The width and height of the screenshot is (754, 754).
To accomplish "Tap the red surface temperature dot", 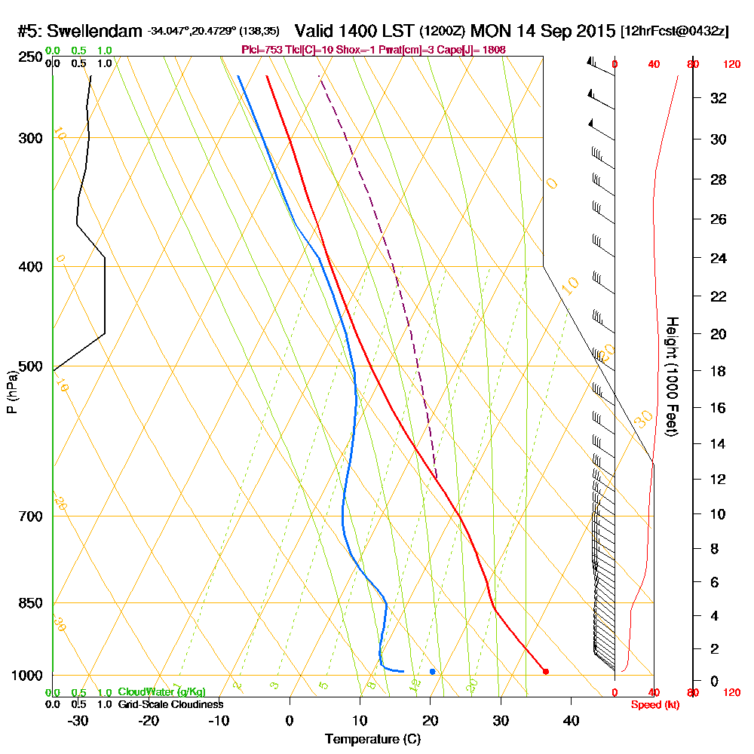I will click(546, 671).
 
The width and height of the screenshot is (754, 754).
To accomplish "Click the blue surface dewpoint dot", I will click(432, 671).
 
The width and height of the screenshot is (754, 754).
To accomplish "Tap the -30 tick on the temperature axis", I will click(78, 720).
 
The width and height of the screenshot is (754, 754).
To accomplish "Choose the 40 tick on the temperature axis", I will click(571, 720).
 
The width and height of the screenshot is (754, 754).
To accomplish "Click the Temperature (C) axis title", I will click(372, 740).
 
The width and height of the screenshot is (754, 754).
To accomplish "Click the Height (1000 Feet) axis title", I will click(672, 376).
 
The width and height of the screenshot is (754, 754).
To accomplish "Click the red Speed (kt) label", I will click(655, 705).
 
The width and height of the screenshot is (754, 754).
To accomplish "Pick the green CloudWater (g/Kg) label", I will click(161, 692).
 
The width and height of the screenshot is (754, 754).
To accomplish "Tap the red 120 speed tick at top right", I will click(731, 65).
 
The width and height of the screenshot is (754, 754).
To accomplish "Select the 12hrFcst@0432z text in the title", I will click(673, 32).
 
